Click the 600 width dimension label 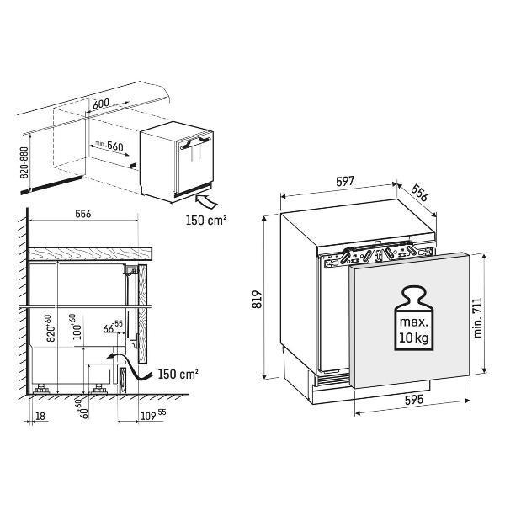[x=101, y=104]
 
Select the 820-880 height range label [x=24, y=163]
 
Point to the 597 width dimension [x=344, y=182]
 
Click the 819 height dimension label [x=257, y=299]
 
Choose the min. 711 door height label [x=478, y=317]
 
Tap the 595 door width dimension [x=414, y=400]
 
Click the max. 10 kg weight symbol [x=414, y=318]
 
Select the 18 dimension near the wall [x=40, y=416]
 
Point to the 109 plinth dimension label [x=153, y=415]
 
